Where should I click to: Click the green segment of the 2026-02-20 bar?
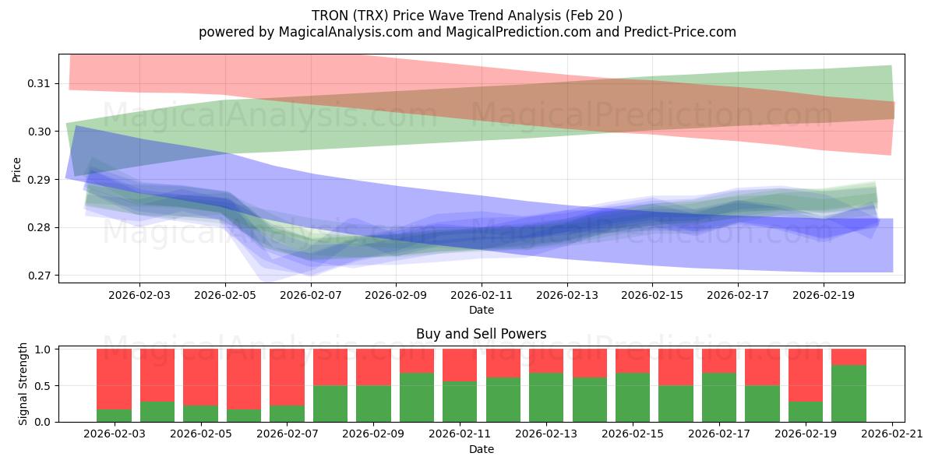[x=849, y=393]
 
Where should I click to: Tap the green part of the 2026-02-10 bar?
[x=417, y=397]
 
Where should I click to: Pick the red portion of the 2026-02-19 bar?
[x=806, y=375]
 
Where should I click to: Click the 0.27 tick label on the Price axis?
[x=40, y=276]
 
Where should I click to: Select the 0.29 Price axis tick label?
[x=40, y=180]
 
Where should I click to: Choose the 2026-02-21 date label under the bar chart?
[x=892, y=434]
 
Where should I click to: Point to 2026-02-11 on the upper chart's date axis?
[x=482, y=295]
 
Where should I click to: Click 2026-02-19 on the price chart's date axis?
[x=824, y=295]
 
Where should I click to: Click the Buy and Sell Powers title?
[x=481, y=334]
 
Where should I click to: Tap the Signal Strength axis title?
[x=23, y=384]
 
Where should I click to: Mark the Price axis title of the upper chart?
[x=17, y=169]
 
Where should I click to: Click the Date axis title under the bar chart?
[x=481, y=449]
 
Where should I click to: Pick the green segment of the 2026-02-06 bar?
[x=244, y=415]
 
